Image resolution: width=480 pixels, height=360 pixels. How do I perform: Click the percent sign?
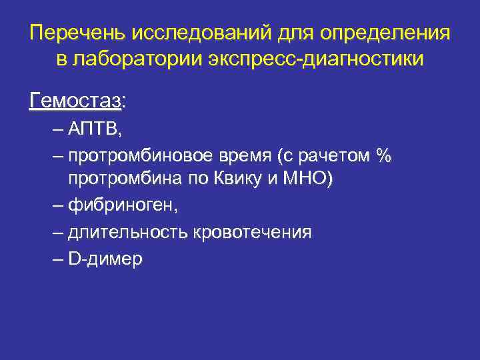click(383, 156)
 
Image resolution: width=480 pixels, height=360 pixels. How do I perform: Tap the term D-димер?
click(105, 259)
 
